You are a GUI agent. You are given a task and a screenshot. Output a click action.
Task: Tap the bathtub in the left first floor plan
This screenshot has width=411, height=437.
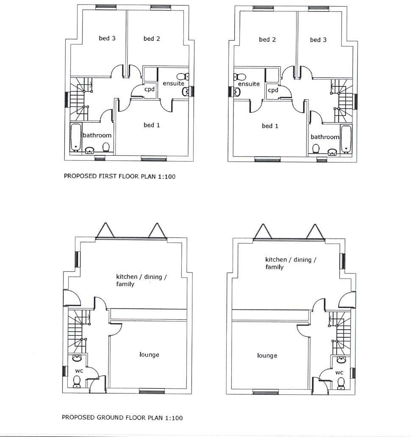(x=76, y=137)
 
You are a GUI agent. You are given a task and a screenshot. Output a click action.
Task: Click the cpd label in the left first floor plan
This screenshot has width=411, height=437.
(x=149, y=89)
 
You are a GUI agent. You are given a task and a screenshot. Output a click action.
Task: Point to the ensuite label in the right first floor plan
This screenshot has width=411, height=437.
(x=249, y=84)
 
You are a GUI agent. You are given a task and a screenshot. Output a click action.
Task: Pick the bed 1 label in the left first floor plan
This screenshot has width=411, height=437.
(x=152, y=125)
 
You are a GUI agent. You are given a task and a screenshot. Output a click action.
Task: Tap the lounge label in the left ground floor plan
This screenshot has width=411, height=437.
(x=149, y=355)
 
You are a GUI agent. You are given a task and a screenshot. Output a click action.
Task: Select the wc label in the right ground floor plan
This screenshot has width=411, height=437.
(x=339, y=373)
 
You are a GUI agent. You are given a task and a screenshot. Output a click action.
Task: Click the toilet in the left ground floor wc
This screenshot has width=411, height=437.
(x=77, y=382)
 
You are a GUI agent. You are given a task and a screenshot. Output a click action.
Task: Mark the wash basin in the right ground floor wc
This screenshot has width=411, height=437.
(x=342, y=360)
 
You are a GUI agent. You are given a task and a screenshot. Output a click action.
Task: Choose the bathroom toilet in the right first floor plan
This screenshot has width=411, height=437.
(x=316, y=149)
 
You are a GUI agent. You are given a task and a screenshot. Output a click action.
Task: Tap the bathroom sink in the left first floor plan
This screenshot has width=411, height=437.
(x=90, y=150)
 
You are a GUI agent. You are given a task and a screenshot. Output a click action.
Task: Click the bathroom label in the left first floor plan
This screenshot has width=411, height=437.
(x=97, y=135)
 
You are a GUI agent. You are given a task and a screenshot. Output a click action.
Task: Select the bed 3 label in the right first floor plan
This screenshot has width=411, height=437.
(x=318, y=40)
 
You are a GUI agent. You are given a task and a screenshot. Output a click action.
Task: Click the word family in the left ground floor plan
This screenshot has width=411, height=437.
(x=125, y=284)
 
